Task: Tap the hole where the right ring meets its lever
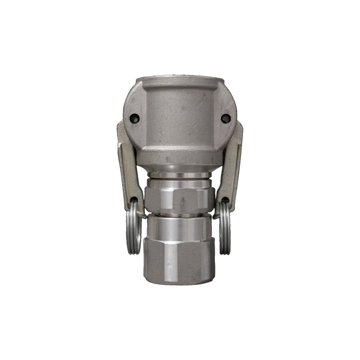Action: point(226,200)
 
